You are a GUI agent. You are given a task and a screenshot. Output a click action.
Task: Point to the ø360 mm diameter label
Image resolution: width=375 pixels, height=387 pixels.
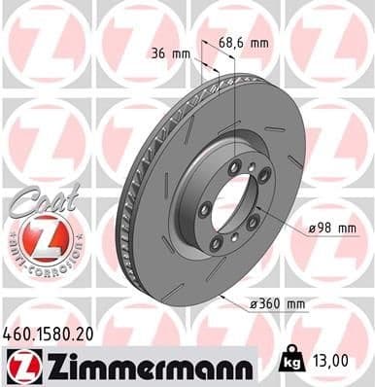tap(277, 303)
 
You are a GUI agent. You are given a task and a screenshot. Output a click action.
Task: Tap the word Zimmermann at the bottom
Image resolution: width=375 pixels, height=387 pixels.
tap(146, 365)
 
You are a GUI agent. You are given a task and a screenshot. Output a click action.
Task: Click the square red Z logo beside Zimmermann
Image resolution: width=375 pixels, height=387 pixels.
tap(18, 365)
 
